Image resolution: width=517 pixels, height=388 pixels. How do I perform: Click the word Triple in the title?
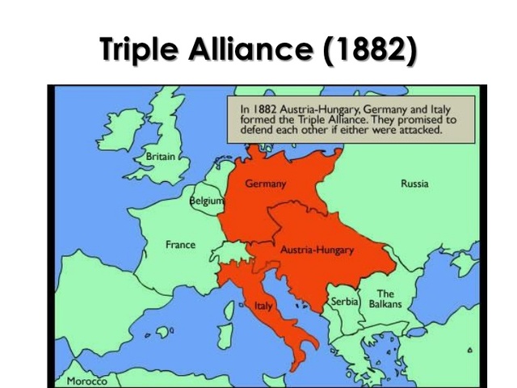click(x=142, y=49)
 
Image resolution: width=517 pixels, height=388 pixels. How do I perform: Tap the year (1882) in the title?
click(x=370, y=49)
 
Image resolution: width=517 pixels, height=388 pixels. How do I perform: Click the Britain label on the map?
click(x=160, y=155)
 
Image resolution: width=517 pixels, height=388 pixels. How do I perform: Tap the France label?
click(x=180, y=244)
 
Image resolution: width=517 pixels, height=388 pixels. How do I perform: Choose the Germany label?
click(x=266, y=184)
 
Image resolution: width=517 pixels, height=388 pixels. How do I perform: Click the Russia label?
click(x=414, y=183)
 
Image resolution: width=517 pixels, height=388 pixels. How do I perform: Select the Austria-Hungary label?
click(x=317, y=250)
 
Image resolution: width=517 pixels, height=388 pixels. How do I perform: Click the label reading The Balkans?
click(x=385, y=299)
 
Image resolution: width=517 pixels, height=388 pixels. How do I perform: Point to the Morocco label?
click(x=86, y=381)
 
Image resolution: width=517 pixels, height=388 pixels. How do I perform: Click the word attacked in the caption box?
click(x=411, y=129)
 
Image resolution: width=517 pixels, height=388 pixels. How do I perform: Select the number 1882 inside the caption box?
click(x=272, y=107)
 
